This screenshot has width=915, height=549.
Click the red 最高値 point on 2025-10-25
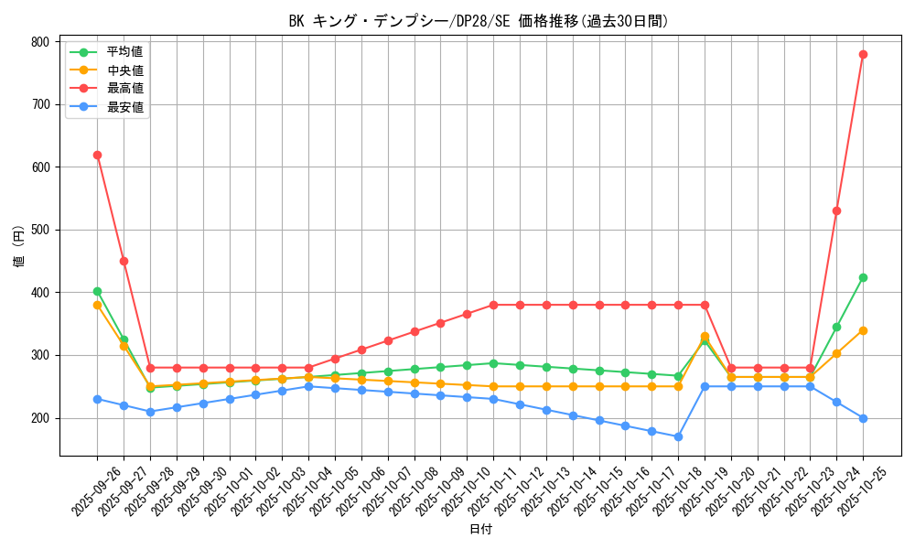point(863,54)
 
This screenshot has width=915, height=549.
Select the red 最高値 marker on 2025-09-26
point(97,155)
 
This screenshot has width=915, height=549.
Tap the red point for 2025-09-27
point(124,261)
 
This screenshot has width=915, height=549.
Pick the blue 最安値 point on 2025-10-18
point(678,436)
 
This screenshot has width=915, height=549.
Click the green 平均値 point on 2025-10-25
point(863,277)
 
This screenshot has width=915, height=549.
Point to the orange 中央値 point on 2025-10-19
point(705,337)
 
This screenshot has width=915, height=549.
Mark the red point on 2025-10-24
point(836,210)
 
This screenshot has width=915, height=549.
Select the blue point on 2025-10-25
point(863,418)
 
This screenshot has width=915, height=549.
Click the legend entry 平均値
point(124,52)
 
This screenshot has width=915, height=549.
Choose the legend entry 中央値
point(124,70)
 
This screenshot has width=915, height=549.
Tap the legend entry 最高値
point(124,89)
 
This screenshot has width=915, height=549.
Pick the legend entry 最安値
point(124,107)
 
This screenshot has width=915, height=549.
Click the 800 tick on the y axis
point(39,42)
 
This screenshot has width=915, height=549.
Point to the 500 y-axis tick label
point(39,230)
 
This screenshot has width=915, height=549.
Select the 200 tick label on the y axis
point(39,418)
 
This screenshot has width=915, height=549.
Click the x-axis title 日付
point(479,530)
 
